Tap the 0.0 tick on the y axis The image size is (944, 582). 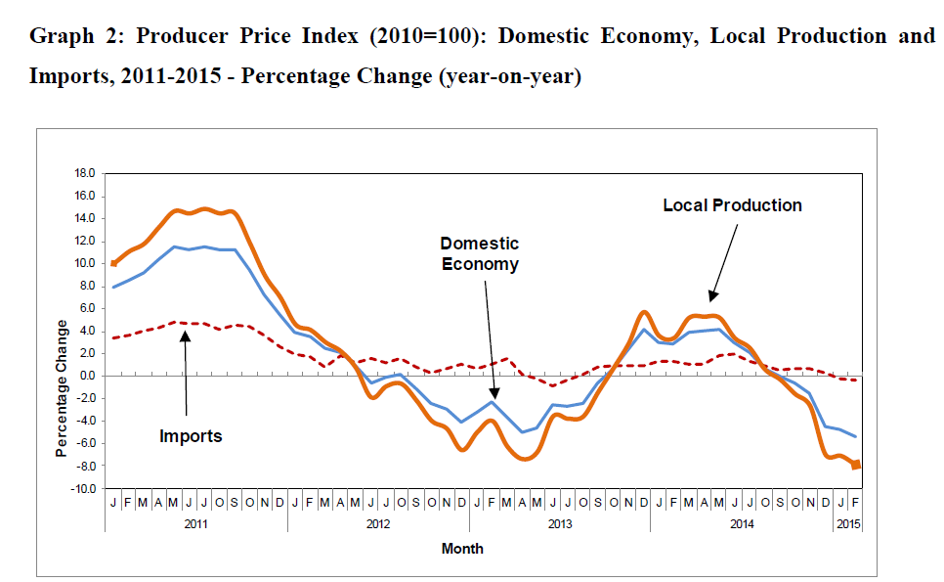tap(85, 377)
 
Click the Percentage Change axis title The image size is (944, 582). tap(62, 388)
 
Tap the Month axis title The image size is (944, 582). tap(462, 549)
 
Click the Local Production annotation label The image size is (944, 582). tap(732, 205)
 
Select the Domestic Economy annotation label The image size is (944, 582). tap(479, 253)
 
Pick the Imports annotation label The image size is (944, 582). tap(191, 436)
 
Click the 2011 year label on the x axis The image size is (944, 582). tap(196, 524)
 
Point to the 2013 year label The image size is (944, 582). tap(560, 524)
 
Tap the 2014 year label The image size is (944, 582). tap(741, 524)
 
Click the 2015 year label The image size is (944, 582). tap(847, 524)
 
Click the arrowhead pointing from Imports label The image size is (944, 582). tap(184, 334)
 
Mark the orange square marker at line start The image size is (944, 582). tap(113, 263)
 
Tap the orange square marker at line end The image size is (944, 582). tap(856, 465)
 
